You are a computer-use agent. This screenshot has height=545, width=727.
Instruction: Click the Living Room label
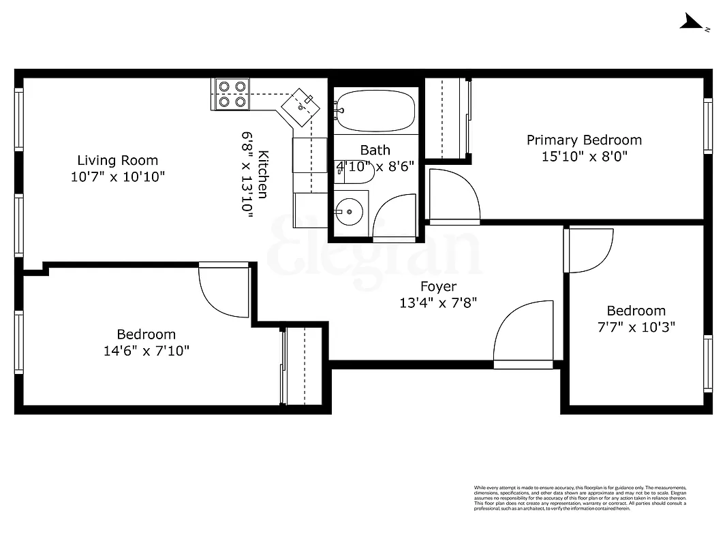tap(117, 161)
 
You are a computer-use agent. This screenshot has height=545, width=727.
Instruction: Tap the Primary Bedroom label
tap(584, 140)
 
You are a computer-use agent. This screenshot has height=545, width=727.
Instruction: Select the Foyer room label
tap(438, 287)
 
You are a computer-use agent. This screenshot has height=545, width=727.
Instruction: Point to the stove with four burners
tap(232, 95)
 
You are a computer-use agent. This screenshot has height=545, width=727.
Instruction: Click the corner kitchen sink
tap(300, 106)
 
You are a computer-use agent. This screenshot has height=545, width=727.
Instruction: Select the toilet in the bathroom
tap(356, 173)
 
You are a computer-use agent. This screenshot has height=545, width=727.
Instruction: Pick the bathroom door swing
tap(395, 218)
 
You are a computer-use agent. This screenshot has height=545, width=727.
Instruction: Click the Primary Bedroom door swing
tap(453, 196)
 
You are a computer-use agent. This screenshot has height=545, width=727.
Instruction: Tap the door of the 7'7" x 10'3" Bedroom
tap(590, 250)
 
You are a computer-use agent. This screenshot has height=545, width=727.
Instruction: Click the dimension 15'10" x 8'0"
tap(584, 157)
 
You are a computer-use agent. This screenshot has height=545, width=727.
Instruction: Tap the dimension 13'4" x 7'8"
tap(438, 303)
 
